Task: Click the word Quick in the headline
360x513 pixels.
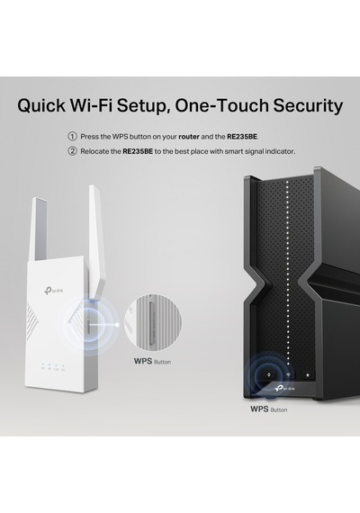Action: (x=41, y=105)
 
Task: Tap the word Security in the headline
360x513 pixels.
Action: (x=308, y=105)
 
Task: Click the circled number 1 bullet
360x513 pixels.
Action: (x=72, y=137)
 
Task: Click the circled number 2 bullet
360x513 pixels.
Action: (x=72, y=151)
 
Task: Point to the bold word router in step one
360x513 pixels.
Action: (x=189, y=137)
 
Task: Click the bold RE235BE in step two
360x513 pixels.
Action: (x=138, y=151)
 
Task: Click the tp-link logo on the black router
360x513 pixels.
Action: (x=285, y=388)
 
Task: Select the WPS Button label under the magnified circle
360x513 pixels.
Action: (x=152, y=361)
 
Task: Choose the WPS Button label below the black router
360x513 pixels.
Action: (x=269, y=409)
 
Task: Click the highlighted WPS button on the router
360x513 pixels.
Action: (x=269, y=375)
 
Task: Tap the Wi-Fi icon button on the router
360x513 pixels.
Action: (x=288, y=375)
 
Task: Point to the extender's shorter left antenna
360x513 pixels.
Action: (x=38, y=229)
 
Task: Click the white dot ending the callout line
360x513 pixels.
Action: (x=117, y=325)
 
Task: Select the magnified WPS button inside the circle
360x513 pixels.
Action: (x=151, y=323)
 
